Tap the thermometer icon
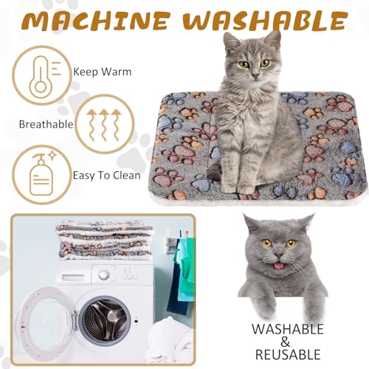tap(40, 76)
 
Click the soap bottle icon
tap(41, 175)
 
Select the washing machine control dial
tap(104, 274)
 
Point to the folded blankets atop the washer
tap(103, 238)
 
